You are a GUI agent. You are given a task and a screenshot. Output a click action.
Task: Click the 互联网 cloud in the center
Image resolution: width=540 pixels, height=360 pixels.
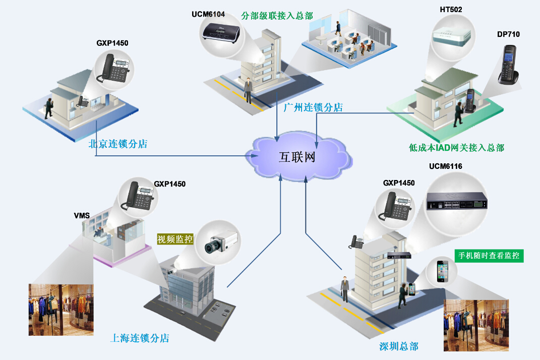pyautogui.click(x=297, y=156)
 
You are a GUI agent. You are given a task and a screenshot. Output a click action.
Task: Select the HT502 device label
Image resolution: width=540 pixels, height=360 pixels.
pyautogui.click(x=450, y=10)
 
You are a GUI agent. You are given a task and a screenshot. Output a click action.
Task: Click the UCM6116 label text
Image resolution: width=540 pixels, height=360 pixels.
pyautogui.click(x=445, y=166)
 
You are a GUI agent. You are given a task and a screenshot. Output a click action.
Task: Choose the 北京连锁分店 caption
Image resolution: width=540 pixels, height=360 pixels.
pyautogui.click(x=117, y=144)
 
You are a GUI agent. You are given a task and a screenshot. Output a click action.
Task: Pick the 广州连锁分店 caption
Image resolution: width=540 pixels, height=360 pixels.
pyautogui.click(x=313, y=107)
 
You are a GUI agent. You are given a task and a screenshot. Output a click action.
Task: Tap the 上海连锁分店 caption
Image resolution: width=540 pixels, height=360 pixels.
pyautogui.click(x=140, y=338)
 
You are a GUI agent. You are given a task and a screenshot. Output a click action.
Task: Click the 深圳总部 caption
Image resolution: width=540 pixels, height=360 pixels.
pyautogui.click(x=399, y=346)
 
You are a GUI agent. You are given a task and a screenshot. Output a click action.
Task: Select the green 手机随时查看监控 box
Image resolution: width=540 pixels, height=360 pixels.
pyautogui.click(x=489, y=256)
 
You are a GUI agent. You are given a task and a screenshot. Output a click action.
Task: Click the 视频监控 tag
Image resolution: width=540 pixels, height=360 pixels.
pyautogui.click(x=175, y=239)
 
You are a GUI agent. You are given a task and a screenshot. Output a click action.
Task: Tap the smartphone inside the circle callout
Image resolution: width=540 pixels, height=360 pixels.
pyautogui.click(x=442, y=271)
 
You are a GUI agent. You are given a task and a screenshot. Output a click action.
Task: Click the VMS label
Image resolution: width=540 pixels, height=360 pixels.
pyautogui.click(x=82, y=216)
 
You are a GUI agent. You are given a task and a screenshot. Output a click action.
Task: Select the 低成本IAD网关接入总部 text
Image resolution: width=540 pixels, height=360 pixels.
pyautogui.click(x=456, y=148)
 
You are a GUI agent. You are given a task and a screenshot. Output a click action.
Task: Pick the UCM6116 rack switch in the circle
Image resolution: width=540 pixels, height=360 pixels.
pyautogui.click(x=457, y=202)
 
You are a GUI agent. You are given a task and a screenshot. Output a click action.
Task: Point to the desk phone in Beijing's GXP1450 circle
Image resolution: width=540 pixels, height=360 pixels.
pyautogui.click(x=114, y=68)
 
